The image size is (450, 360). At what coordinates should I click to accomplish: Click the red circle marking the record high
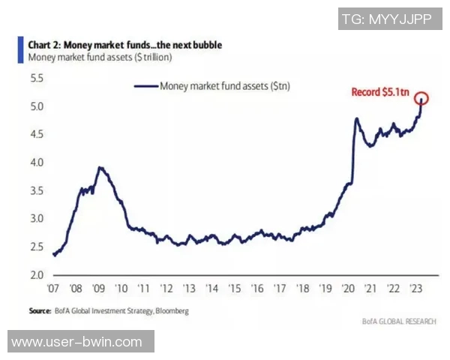coord(421,98)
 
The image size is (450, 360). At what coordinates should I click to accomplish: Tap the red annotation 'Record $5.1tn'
coord(381,93)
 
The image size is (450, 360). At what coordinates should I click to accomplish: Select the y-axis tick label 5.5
coord(36,78)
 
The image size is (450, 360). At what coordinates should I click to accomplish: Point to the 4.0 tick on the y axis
coord(36,163)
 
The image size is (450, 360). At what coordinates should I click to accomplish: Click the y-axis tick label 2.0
coord(36,275)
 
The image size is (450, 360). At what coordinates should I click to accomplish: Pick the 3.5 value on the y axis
coord(36,190)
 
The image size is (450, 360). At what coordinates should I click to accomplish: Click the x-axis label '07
coord(53,289)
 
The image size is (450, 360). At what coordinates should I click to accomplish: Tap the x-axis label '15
coord(235,289)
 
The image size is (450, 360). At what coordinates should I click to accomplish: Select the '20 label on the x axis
coord(349,289)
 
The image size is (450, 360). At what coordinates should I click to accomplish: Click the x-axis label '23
coord(417,289)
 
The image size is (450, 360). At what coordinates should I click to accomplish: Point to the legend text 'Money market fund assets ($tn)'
coord(224,86)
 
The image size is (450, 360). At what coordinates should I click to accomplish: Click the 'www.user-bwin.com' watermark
coord(77,342)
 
